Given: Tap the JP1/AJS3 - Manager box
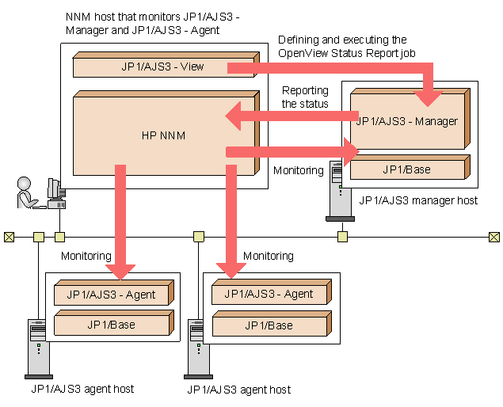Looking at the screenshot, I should coord(406,121).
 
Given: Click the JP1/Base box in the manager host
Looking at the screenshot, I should coord(406,169).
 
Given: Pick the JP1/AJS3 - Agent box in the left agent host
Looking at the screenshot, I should coord(111,295).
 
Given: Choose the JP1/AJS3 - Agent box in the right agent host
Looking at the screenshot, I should coord(269,295).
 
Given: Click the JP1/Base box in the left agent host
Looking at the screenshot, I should coord(111,325).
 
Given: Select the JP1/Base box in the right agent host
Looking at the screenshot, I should coord(269,325).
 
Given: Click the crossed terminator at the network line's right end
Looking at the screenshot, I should coord(494,236).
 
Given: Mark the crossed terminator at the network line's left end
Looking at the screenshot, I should coord(9,236).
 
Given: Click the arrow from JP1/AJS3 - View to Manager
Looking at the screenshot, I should coord(333,69).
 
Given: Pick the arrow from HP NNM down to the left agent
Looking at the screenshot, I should coord(120,222).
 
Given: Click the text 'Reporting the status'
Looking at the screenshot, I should coord(305,97).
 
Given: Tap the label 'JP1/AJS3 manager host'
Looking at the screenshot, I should coord(418,201).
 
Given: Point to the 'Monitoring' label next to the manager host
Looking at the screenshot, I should coord(298,170).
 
